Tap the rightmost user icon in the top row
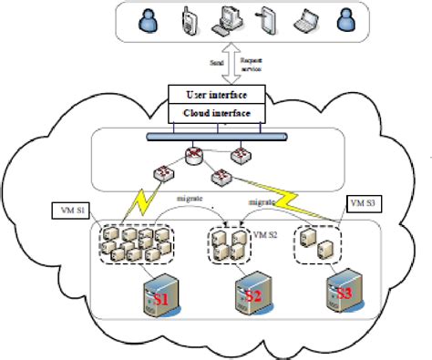tap(345, 21)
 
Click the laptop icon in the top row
tap(303, 21)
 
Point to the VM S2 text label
tap(263, 234)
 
